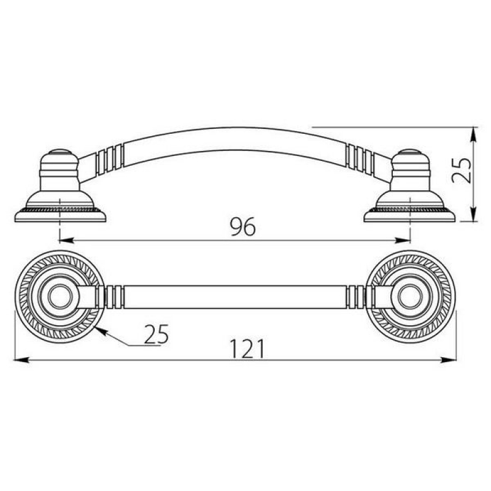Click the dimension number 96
(242, 226)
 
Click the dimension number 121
(247, 349)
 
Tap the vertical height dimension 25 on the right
(462, 171)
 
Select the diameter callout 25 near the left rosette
(157, 334)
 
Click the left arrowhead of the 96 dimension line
(66, 241)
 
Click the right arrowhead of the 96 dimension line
(403, 241)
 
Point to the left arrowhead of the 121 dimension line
(22, 360)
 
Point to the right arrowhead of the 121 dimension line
(449, 360)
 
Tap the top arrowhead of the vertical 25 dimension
(474, 134)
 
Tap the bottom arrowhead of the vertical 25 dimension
(474, 214)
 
